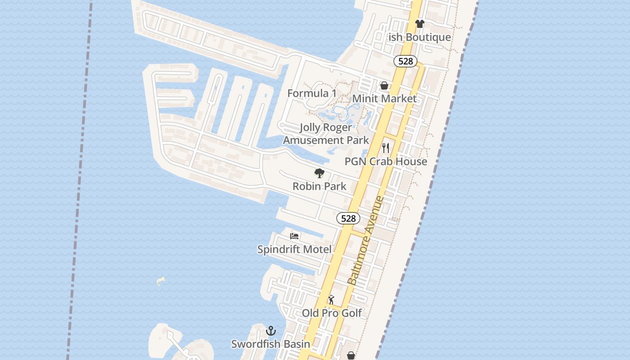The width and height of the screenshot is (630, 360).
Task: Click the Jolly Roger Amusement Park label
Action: click(326, 134)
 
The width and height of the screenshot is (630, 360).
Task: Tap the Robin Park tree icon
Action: click(319, 173)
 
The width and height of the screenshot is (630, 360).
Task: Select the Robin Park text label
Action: click(319, 186)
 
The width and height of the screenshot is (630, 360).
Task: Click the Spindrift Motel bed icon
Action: click(294, 236)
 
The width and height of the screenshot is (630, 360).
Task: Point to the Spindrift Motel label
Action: click(294, 249)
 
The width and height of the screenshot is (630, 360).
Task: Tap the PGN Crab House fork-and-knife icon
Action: click(386, 148)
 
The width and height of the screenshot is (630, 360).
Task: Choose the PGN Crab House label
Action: click(386, 161)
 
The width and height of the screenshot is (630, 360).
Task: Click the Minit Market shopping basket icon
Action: click(384, 85)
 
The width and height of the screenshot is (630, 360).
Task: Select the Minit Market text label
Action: click(384, 99)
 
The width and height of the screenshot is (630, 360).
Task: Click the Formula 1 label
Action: click(312, 93)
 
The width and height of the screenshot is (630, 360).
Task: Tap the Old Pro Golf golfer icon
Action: click(332, 300)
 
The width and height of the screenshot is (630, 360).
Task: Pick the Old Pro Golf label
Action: click(332, 313)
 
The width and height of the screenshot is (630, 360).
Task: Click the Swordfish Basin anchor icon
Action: click(270, 331)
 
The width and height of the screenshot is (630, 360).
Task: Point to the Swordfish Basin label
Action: click(270, 344)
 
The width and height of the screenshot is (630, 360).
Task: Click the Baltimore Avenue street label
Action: click(366, 240)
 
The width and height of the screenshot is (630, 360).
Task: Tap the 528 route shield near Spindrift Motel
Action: click(348, 219)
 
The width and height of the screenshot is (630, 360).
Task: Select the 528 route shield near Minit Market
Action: click(405, 61)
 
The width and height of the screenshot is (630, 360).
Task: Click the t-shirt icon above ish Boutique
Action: click(419, 24)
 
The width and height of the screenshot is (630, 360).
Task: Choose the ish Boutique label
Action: click(419, 37)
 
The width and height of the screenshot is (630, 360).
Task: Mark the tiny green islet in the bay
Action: click(161, 281)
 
